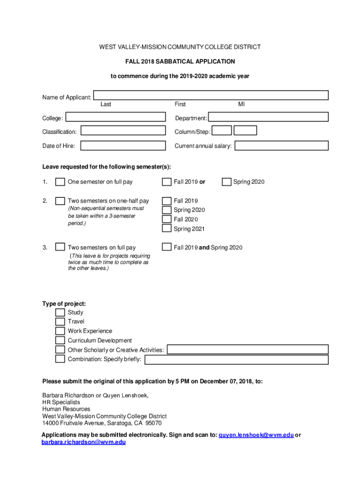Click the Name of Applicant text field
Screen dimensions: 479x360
click(210, 95)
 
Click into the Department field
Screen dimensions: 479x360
click(268, 118)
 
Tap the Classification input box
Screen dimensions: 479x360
click(123, 131)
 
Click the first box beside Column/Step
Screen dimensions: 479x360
click(222, 131)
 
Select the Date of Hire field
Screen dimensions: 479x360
click(123, 145)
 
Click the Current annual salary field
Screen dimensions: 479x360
click(281, 145)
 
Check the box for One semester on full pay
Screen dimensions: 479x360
click(60, 181)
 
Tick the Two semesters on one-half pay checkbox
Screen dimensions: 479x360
click(60, 201)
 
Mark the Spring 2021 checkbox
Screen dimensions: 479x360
click(166, 228)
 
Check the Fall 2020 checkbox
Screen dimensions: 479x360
click(166, 219)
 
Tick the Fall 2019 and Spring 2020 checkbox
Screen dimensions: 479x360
click(166, 247)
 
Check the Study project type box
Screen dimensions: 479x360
click(60, 312)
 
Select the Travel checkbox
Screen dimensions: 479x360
click(60, 321)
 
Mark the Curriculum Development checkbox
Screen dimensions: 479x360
click(60, 340)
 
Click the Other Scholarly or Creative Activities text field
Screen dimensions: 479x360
click(248, 349)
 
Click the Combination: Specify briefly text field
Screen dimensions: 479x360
click(236, 359)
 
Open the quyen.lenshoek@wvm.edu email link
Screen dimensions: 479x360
click(256, 435)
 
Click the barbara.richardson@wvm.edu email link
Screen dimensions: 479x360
click(84, 442)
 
